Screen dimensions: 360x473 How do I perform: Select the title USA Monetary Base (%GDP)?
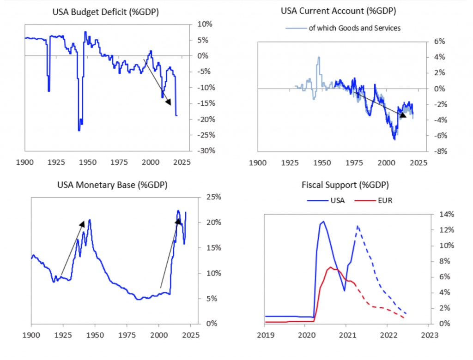(x=112, y=185)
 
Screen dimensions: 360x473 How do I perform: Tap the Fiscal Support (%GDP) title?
(x=345, y=185)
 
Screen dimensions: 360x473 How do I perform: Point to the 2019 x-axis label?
(x=265, y=334)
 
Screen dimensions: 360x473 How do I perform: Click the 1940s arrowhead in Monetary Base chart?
(x=82, y=224)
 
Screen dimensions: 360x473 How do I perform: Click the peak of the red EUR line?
(x=330, y=267)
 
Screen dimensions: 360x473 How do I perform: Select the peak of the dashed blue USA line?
(x=358, y=226)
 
